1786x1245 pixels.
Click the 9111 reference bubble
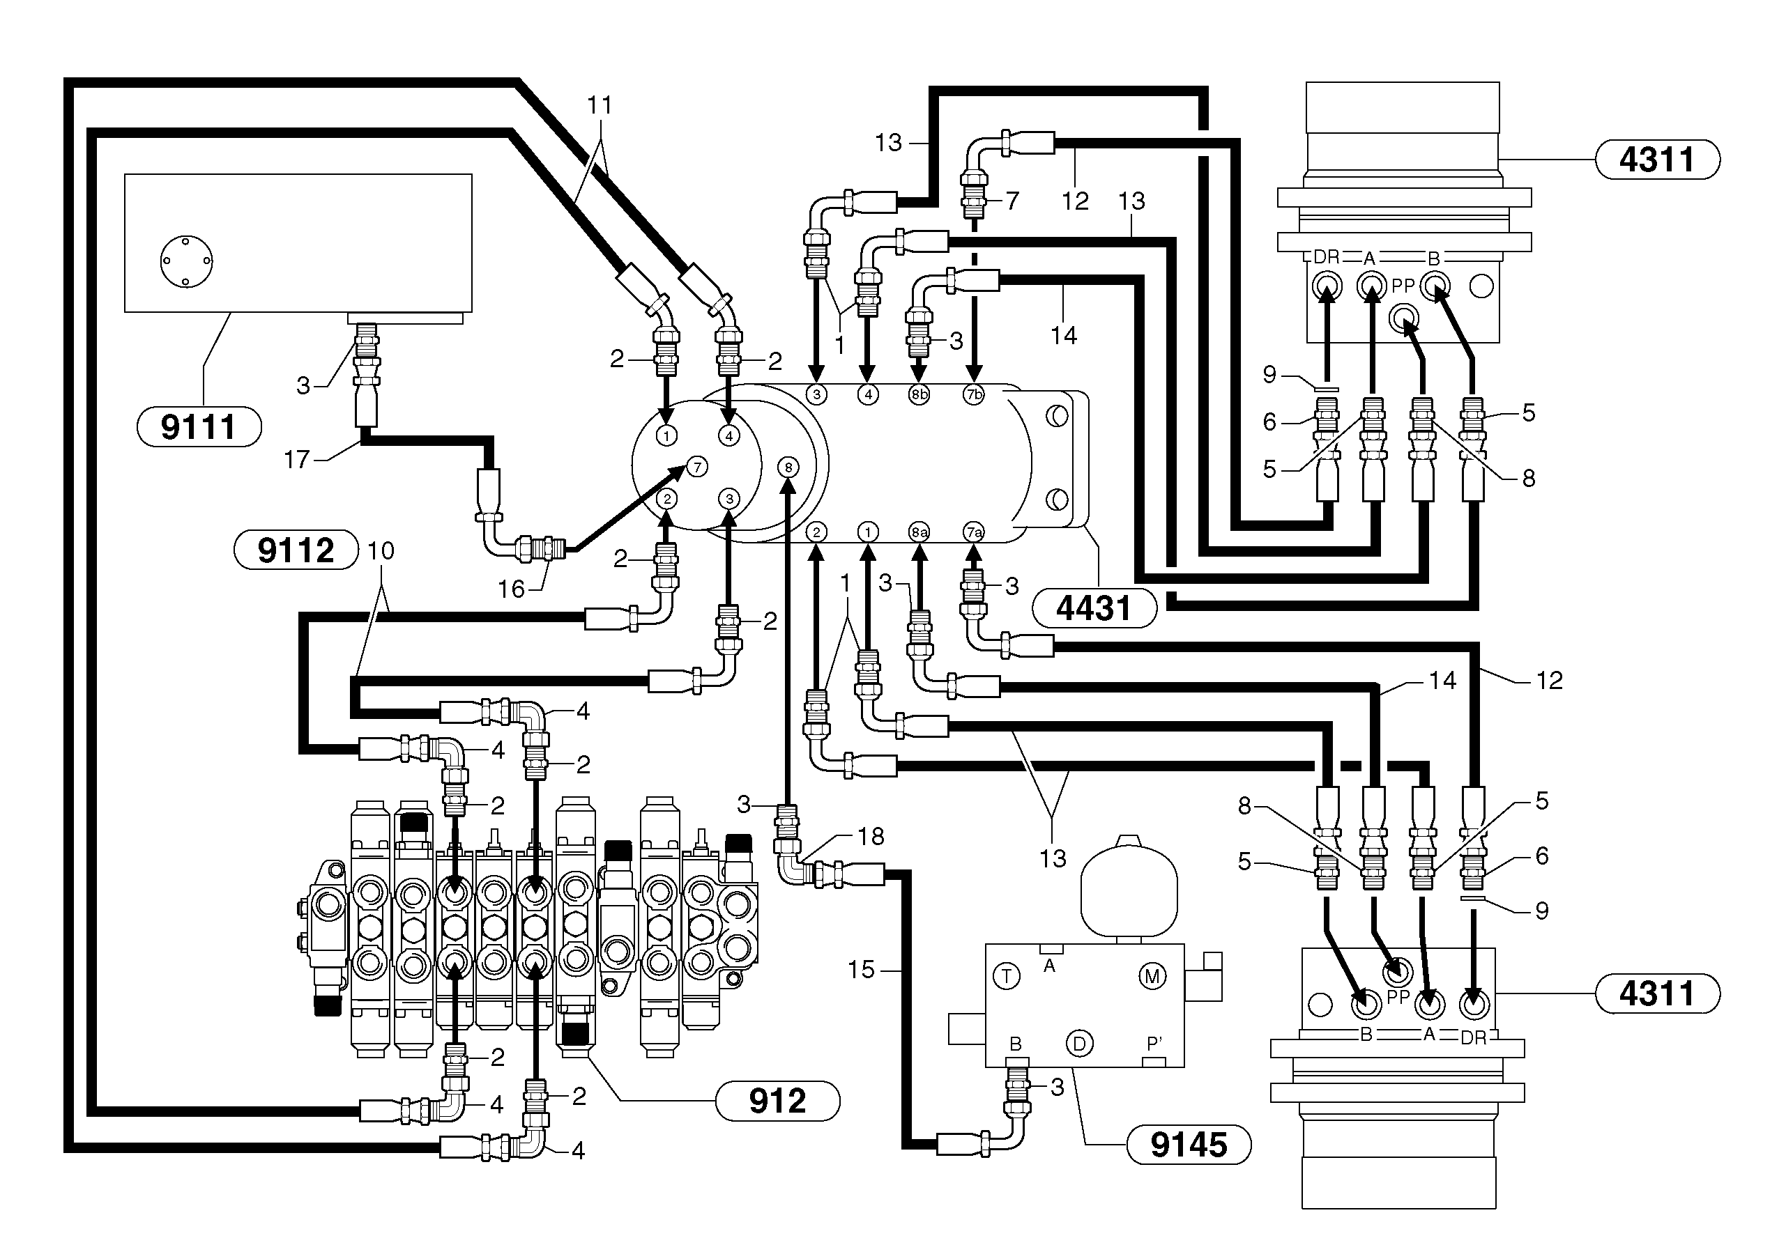point(199,427)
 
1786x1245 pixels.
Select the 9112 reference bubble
point(296,550)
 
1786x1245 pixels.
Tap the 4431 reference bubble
point(1093,608)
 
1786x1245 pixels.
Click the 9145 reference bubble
point(1188,1145)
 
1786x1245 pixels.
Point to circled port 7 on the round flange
point(697,467)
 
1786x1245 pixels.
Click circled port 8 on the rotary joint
point(788,467)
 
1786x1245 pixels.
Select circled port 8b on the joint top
point(919,394)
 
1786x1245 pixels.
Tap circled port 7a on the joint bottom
point(974,532)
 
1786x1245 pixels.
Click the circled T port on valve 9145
point(1007,975)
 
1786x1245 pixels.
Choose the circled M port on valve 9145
point(1152,975)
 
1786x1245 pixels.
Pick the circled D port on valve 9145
point(1079,1044)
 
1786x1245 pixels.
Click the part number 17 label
point(296,460)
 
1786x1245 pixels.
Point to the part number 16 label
point(511,589)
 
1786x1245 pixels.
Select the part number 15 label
point(861,970)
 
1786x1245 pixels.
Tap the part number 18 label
point(871,836)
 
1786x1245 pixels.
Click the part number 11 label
point(599,105)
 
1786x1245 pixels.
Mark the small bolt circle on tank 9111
point(187,261)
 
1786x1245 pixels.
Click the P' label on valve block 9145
point(1155,1044)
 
